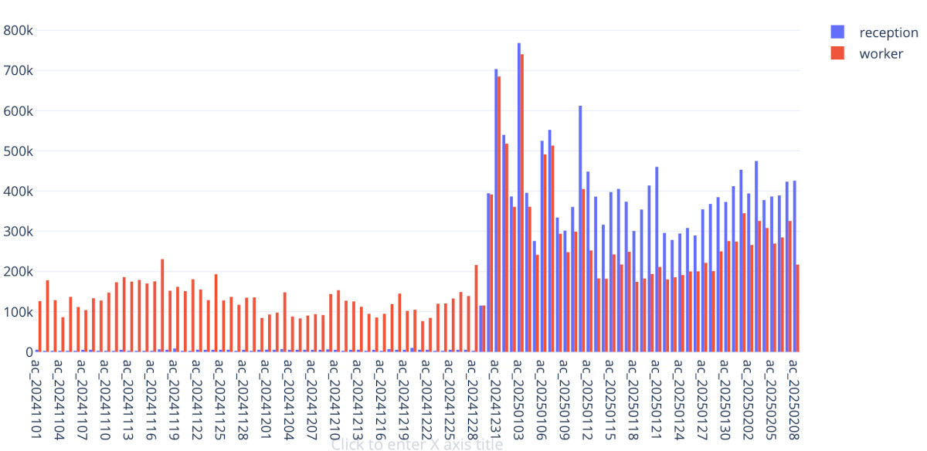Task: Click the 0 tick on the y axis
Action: click(x=23, y=352)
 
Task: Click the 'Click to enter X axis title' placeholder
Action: click(x=417, y=444)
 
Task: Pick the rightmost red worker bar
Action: click(x=797, y=308)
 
